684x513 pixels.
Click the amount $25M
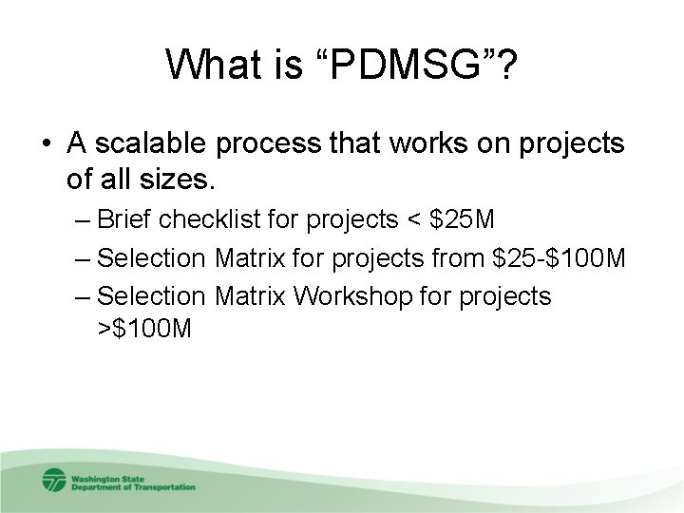coord(462,220)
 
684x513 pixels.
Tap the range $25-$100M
coord(567,257)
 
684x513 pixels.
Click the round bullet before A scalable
coord(47,144)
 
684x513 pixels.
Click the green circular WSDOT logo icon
coord(54,479)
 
